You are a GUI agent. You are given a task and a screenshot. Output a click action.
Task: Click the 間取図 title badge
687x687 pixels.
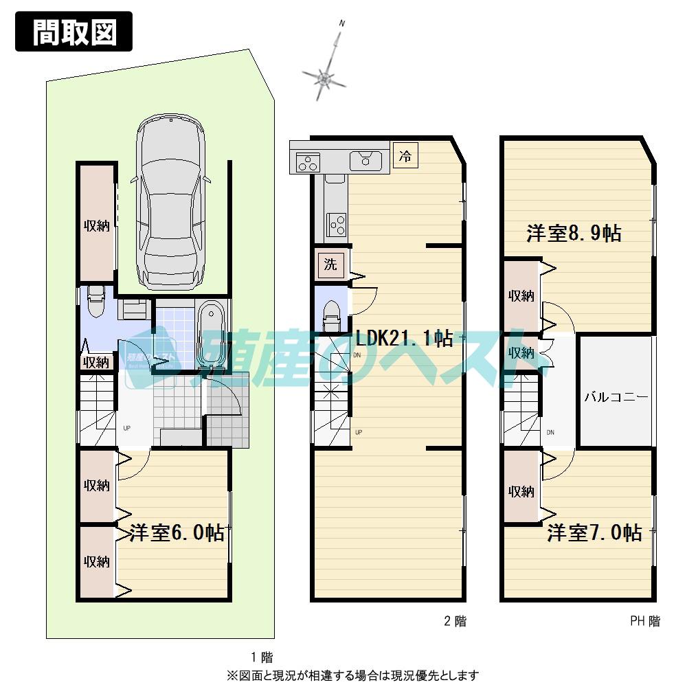tap(74, 33)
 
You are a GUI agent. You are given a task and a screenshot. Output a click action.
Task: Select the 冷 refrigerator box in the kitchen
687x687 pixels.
tap(405, 156)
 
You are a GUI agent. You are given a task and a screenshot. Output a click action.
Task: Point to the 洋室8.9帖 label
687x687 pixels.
tap(574, 234)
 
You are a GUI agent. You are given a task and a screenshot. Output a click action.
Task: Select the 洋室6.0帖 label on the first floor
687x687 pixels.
tap(177, 533)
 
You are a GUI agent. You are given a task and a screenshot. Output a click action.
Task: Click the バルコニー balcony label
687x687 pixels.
tap(616, 397)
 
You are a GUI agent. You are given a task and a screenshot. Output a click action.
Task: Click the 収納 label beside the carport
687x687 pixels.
tap(97, 226)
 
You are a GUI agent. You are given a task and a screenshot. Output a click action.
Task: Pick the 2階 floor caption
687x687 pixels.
tap(454, 621)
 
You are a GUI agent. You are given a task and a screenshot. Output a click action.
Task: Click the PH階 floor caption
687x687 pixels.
tap(644, 621)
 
